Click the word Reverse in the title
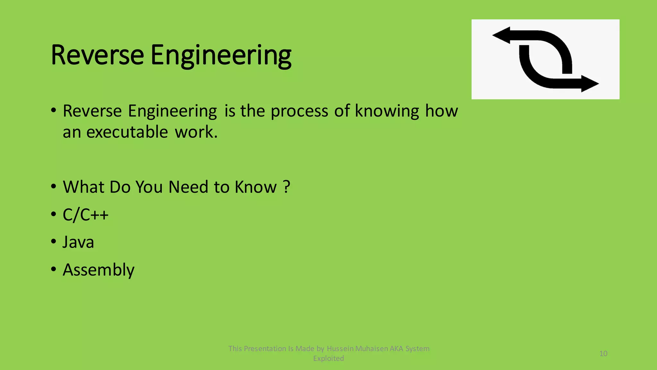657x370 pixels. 97,55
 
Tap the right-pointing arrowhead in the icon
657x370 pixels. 590,84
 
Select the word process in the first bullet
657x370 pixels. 299,111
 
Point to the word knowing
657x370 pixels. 387,111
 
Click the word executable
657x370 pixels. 127,132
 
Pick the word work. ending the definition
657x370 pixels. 196,132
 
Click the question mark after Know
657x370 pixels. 287,187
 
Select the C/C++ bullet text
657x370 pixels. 86,215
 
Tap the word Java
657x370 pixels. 78,242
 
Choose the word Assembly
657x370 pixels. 98,270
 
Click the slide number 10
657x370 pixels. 603,354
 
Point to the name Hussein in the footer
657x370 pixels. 340,349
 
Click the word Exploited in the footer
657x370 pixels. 328,358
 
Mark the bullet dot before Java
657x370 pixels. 54,242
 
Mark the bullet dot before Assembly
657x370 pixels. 54,269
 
